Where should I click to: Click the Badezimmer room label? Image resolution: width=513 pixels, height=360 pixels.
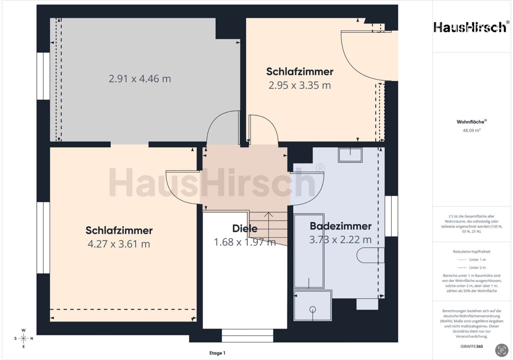341,226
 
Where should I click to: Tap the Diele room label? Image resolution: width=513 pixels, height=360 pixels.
245,229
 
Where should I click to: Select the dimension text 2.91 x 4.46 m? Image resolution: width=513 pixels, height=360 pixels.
140,79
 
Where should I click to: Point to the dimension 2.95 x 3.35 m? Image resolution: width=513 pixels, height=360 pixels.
300,85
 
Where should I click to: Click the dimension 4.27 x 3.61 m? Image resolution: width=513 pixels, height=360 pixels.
119,244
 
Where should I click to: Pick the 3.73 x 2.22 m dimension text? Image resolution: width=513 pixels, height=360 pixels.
340,240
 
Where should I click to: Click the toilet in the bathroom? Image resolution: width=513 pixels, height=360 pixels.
371,255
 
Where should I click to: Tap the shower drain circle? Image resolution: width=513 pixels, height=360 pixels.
313,310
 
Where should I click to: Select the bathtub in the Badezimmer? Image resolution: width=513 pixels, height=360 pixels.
309,251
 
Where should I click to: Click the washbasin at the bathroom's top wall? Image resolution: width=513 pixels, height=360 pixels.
350,155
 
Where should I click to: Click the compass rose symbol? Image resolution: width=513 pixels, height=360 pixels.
23,338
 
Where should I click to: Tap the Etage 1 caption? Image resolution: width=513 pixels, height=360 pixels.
217,353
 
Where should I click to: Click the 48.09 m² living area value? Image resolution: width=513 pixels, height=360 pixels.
472,130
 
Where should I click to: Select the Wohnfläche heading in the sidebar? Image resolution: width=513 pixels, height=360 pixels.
472,122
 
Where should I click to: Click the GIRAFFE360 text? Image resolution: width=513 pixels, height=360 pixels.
472,346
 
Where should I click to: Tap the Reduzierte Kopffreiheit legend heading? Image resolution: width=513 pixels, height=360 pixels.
472,252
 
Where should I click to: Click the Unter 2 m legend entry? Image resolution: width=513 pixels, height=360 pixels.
472,267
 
